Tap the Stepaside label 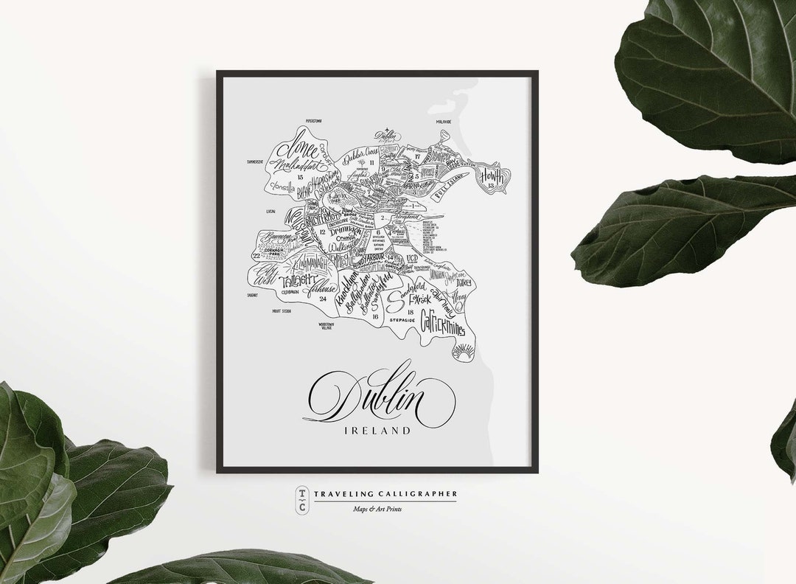(402, 321)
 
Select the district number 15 (300, 178)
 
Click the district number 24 (323, 299)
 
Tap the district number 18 (410, 313)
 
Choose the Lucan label (270, 211)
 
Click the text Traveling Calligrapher (385, 493)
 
